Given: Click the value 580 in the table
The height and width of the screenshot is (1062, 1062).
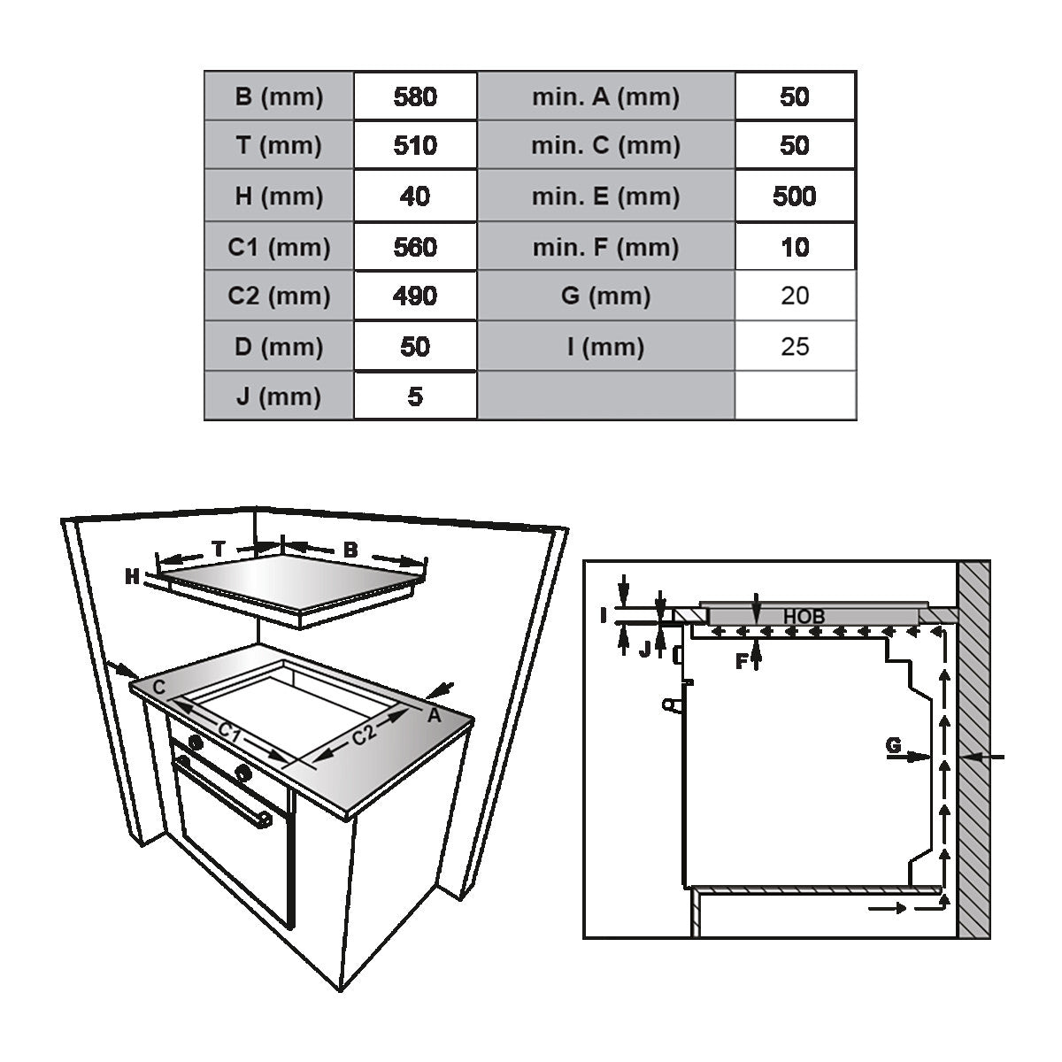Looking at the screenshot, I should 415,96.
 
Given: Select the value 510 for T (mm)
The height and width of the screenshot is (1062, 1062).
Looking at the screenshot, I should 415,145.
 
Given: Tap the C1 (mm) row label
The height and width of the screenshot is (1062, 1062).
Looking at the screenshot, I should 279,247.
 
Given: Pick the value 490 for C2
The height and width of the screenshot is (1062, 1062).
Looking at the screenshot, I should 415,296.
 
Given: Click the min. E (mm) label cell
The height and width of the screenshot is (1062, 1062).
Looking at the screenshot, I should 605,196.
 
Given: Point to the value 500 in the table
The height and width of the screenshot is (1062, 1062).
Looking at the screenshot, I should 794,196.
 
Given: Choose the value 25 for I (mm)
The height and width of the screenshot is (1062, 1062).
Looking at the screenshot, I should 795,346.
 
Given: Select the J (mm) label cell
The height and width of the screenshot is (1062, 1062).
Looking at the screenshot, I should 279,396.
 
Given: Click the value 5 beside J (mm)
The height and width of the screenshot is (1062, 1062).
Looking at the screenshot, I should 415,396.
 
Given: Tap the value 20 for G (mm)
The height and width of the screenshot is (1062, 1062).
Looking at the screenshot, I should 795,296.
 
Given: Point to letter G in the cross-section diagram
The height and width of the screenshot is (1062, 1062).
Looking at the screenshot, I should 894,746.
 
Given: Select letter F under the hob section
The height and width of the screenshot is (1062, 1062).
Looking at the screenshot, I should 743,660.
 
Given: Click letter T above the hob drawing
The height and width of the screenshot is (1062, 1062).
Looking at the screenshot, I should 219,549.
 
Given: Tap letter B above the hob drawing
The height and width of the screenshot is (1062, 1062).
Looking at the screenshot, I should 350,550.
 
